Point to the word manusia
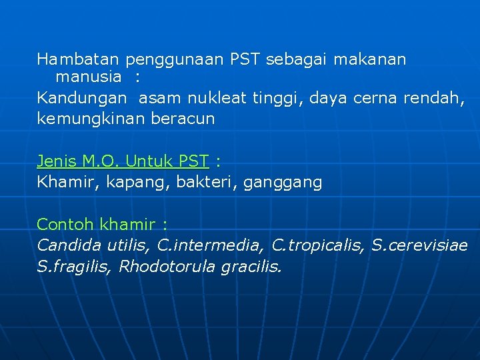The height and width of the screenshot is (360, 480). [89, 77]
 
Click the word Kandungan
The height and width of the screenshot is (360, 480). [81, 99]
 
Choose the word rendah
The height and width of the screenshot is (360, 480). [437, 99]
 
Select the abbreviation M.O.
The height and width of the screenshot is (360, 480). [100, 161]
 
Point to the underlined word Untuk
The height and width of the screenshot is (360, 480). [148, 161]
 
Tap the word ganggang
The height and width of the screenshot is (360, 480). [283, 183]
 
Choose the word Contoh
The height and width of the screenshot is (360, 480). [65, 224]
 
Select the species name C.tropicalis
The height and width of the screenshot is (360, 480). [319, 245]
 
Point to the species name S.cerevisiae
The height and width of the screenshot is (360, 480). [420, 245]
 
